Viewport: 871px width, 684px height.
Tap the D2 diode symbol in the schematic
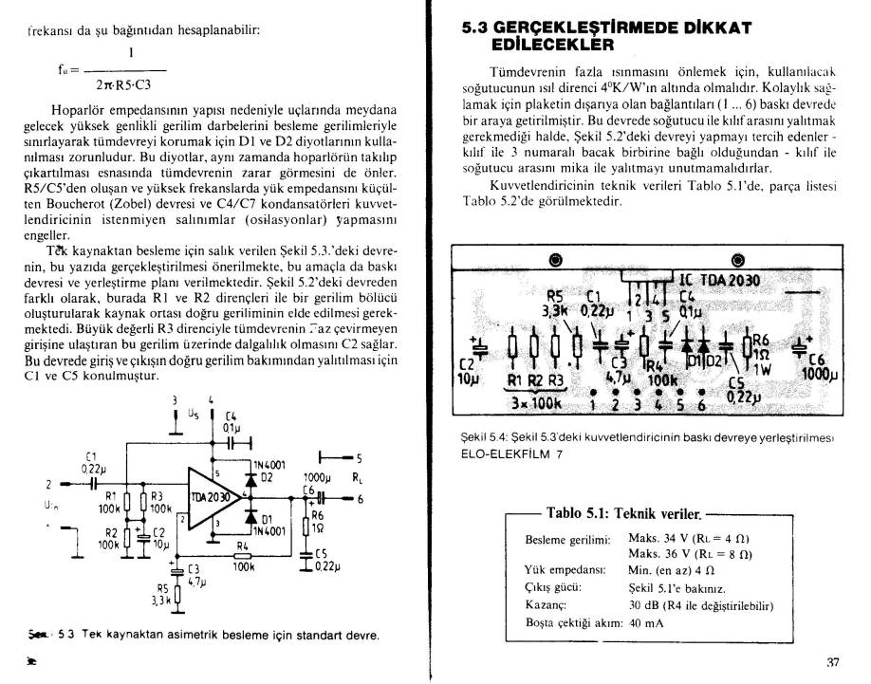[251, 480]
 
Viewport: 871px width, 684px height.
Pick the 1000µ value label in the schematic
[316, 478]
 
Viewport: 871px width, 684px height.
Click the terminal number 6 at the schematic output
[360, 499]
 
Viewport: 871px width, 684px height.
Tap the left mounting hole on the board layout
[555, 260]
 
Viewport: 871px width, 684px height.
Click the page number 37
[834, 662]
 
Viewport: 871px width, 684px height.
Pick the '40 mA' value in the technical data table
[647, 622]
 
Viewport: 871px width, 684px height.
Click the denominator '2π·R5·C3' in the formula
[124, 84]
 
